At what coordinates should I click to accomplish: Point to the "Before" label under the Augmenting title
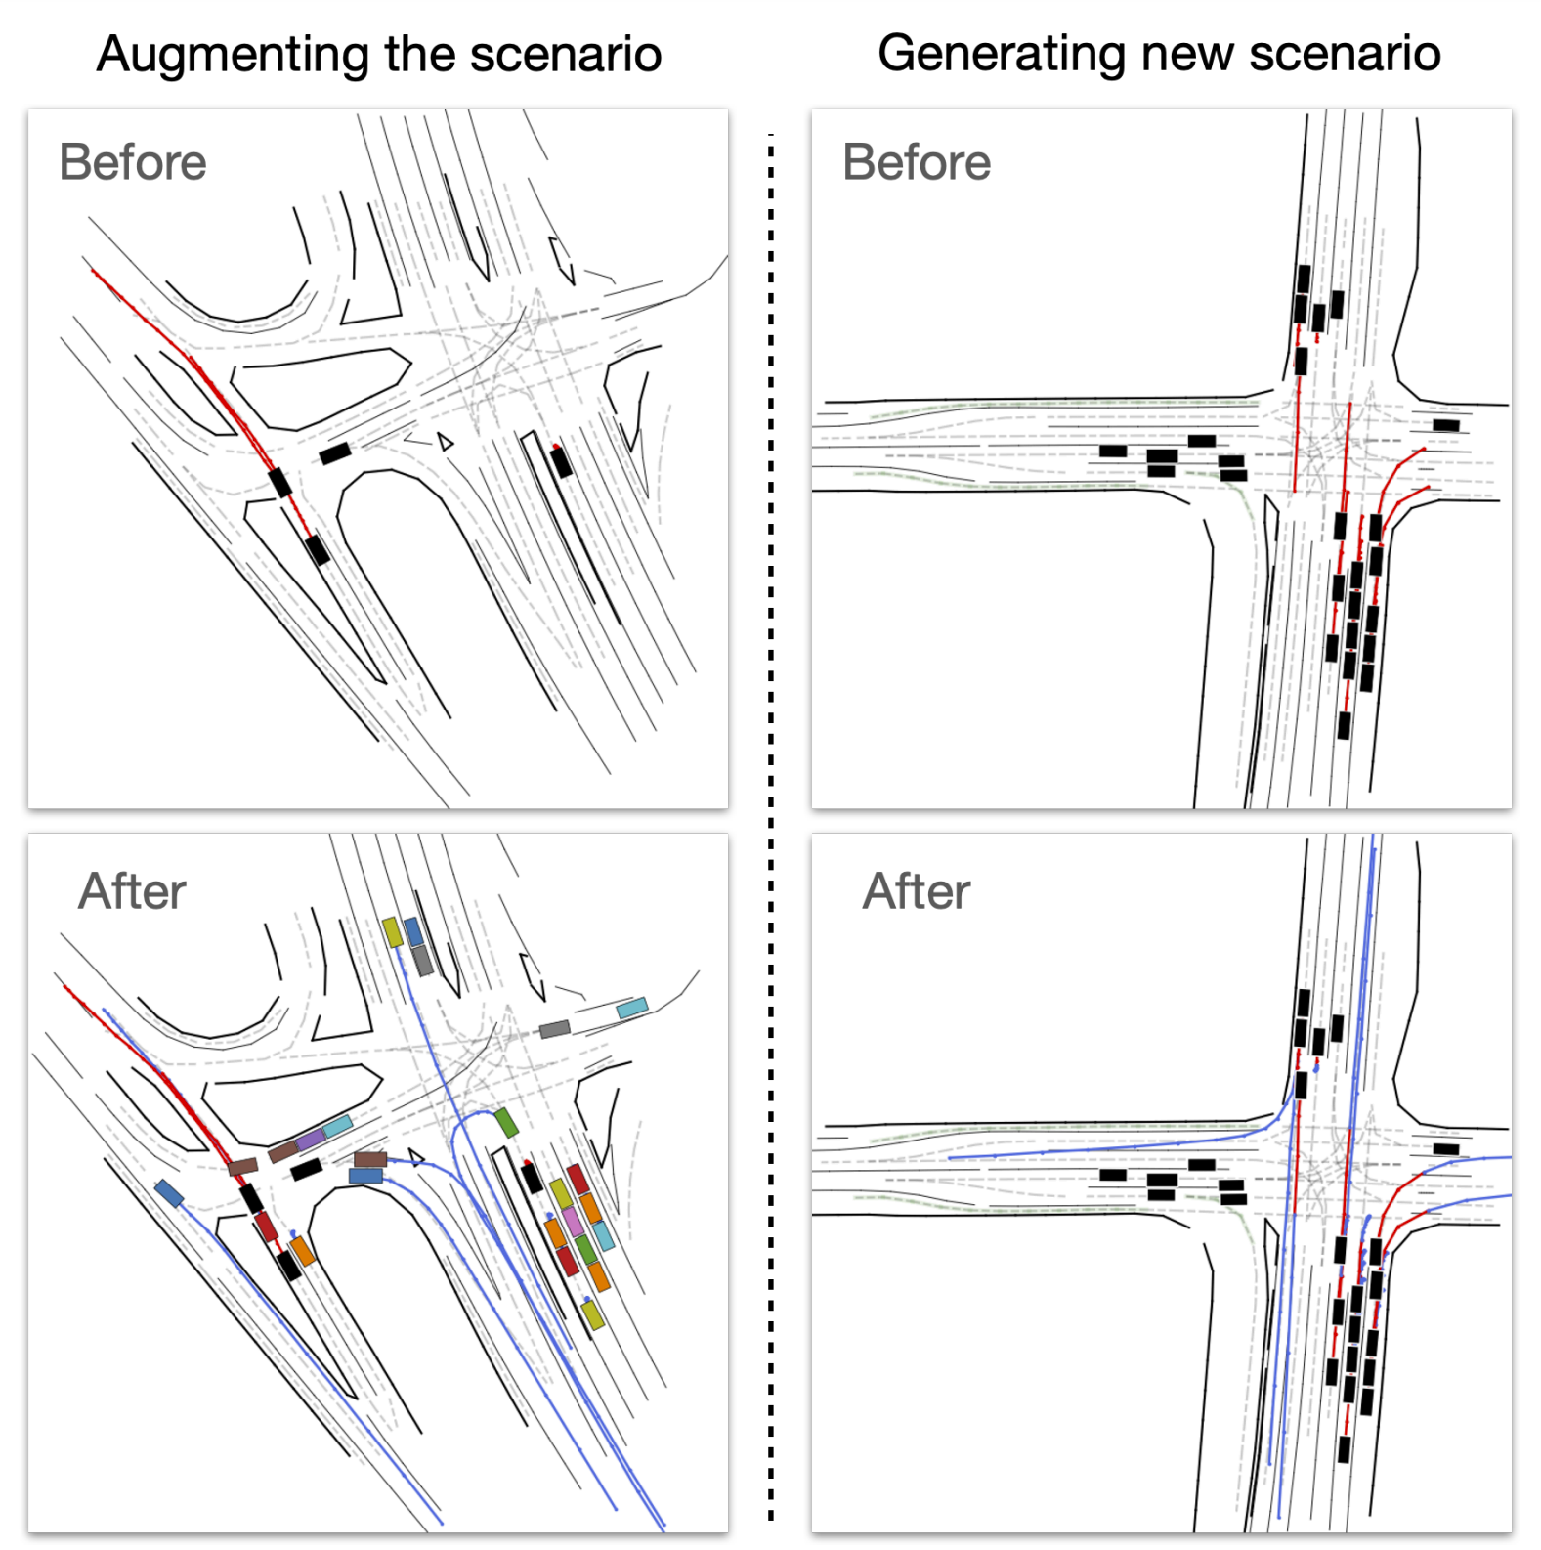pos(133,162)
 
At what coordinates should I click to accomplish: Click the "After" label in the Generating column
pos(917,891)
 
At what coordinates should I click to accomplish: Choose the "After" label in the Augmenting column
pos(133,891)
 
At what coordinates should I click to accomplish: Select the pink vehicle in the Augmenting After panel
pos(572,1222)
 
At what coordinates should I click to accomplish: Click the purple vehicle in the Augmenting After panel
pos(310,1139)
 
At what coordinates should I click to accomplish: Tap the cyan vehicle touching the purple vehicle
pos(338,1126)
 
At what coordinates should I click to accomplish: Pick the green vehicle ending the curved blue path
pos(505,1122)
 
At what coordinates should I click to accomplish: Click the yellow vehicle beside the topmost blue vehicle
pos(392,931)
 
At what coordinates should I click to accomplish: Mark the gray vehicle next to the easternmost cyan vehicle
pos(555,1029)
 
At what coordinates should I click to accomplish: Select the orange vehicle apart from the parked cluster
pos(302,1251)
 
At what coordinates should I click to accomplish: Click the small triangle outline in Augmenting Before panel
pos(446,442)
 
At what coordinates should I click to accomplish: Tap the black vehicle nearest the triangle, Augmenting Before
pos(335,453)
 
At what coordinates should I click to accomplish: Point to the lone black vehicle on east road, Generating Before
pos(1446,425)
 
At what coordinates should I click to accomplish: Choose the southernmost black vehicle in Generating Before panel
pos(1345,726)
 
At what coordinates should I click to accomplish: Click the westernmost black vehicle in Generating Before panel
pos(1113,452)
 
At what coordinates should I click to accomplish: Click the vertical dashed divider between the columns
pos(771,827)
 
